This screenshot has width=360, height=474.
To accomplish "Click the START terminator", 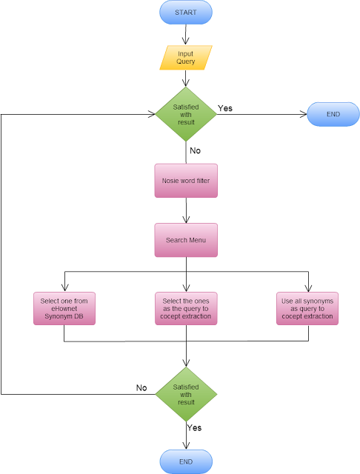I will click(x=186, y=13).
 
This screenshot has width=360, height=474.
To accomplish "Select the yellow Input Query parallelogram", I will click(x=186, y=58).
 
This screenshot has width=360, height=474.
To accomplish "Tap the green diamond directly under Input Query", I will click(x=186, y=114).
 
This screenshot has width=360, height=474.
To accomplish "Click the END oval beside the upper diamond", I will click(x=333, y=114).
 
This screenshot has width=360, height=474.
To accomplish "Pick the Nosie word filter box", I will click(x=186, y=181).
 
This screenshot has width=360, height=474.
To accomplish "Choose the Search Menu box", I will click(x=186, y=240).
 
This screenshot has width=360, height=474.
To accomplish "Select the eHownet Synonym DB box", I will click(x=65, y=309).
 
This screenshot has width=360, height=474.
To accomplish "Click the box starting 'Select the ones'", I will click(x=186, y=309).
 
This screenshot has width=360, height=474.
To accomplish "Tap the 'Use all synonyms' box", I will click(x=307, y=309).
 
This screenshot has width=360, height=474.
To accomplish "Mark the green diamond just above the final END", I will click(x=186, y=395).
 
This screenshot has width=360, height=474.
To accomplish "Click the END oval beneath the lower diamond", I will click(x=186, y=461).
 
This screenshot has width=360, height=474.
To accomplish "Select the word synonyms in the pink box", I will click(x=319, y=301).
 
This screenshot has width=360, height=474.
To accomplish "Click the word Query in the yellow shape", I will click(x=186, y=62).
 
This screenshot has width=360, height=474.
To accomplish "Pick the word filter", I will click(x=201, y=181).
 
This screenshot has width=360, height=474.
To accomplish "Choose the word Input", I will click(x=186, y=53).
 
